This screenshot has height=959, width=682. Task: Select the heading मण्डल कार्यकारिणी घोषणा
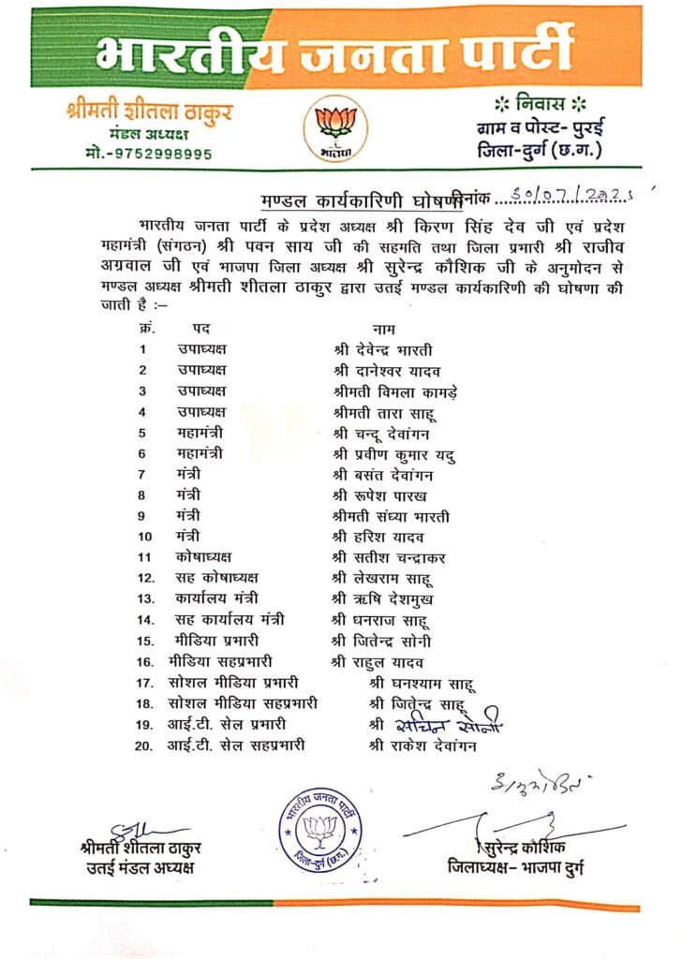(x=363, y=201)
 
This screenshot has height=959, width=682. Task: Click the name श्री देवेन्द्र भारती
(x=383, y=349)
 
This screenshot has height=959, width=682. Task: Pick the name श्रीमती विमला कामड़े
(x=395, y=391)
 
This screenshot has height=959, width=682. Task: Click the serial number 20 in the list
(x=144, y=745)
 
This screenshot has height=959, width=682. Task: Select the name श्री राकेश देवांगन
(x=423, y=745)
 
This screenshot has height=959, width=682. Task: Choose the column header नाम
(x=383, y=329)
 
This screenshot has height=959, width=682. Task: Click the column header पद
(x=201, y=329)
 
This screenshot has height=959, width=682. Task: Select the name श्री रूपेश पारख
(x=379, y=494)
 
